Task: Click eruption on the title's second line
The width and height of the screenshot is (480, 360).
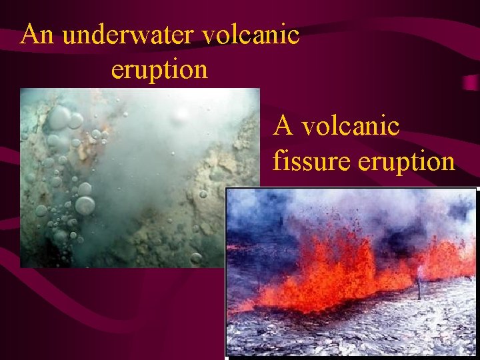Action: coord(159,69)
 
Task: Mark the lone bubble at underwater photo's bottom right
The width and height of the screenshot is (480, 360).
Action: coord(196,257)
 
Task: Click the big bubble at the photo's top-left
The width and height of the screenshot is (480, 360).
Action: coord(59,118)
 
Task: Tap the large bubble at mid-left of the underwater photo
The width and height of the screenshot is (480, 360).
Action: coord(85,205)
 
